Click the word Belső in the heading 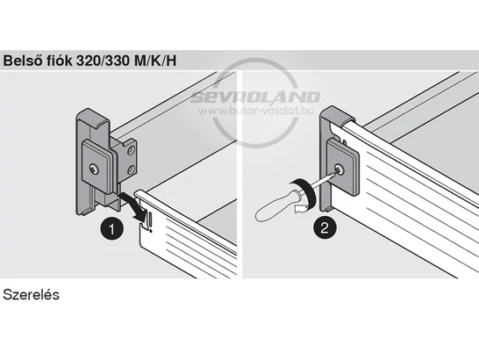point(22,61)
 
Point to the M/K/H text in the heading point(155,61)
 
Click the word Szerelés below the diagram point(31,295)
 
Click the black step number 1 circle point(111,229)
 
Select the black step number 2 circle point(325,227)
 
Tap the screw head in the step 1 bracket point(94,169)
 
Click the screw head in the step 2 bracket point(339,169)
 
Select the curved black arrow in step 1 point(132,205)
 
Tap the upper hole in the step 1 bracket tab point(131,150)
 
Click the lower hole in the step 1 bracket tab point(131,170)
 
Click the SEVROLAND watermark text point(255,97)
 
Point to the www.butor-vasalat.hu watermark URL point(255,111)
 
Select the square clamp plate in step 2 point(343,168)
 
